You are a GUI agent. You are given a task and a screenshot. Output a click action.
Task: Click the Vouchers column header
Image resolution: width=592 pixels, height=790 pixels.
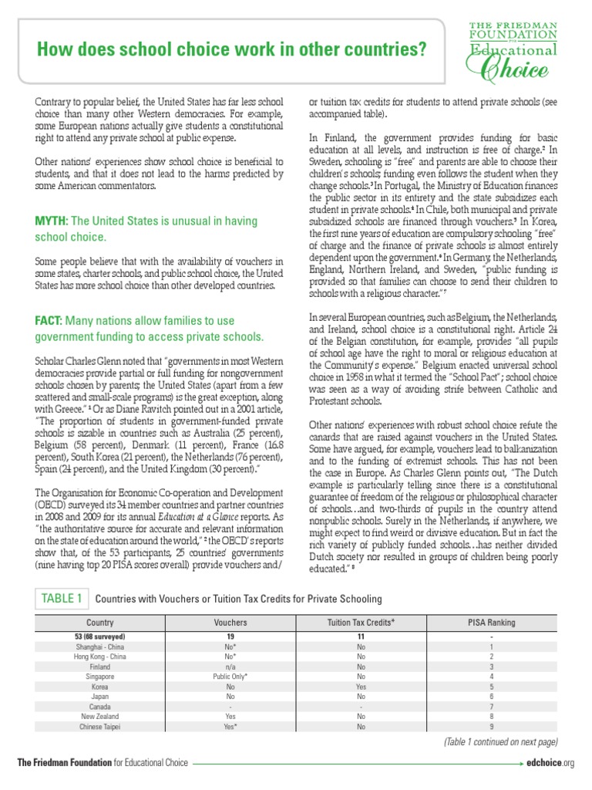point(230,622)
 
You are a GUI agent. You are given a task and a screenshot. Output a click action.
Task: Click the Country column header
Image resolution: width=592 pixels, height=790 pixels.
point(100,622)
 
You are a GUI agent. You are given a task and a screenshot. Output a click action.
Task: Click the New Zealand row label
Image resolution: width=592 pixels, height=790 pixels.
point(100,716)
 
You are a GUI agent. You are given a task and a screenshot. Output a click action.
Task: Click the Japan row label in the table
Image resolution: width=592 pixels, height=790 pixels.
point(100,695)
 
